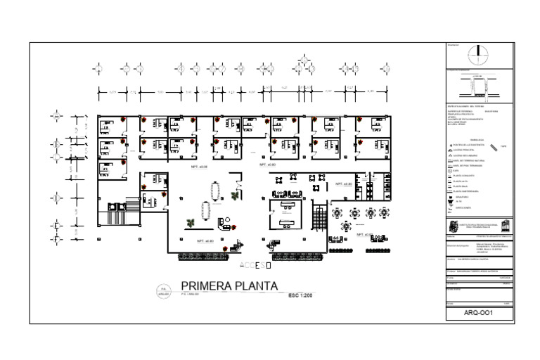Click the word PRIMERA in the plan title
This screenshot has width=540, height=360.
(205, 286)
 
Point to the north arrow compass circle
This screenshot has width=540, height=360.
(478, 51)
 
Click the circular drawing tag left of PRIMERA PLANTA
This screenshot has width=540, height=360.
(163, 290)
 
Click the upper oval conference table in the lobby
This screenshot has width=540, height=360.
(214, 191)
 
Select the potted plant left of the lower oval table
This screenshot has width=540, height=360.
(190, 224)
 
